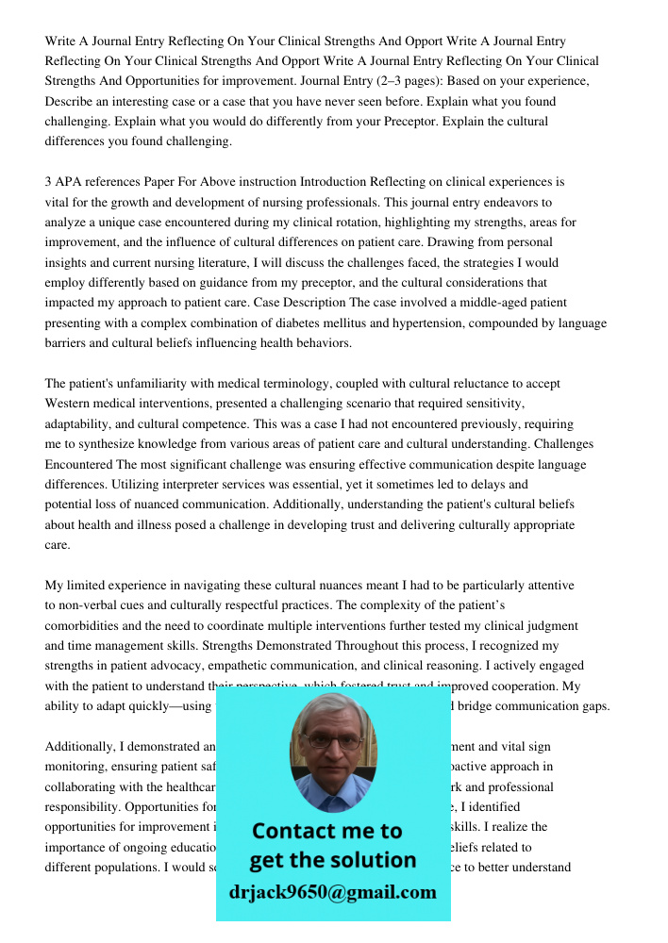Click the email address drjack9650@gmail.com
pyautogui.click(x=332, y=892)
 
